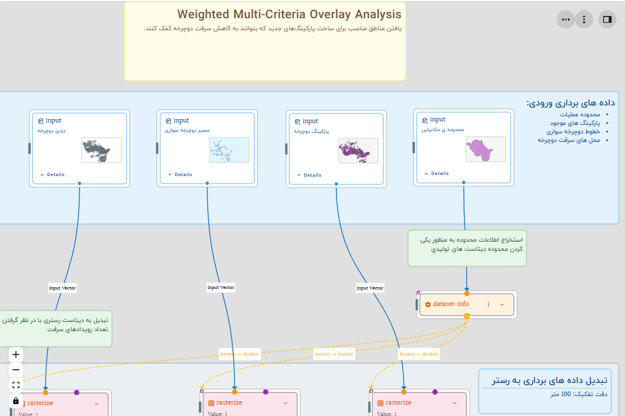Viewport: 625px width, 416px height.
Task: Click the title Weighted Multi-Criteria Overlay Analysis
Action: pyautogui.click(x=289, y=14)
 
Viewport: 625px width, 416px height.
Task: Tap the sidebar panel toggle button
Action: pyautogui.click(x=607, y=19)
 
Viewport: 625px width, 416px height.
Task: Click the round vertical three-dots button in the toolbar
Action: pyautogui.click(x=584, y=19)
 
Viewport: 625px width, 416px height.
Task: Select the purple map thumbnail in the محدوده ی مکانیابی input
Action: pyautogui.click(x=485, y=149)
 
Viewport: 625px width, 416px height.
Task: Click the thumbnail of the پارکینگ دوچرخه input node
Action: pyautogui.click(x=358, y=150)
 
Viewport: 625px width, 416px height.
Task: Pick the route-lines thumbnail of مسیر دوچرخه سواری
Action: pyautogui.click(x=229, y=150)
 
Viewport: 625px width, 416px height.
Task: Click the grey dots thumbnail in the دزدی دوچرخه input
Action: pyautogui.click(x=101, y=150)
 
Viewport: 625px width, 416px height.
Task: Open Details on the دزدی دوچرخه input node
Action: pyautogui.click(x=52, y=175)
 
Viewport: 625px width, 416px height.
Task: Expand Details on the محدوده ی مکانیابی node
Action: pyautogui.click(x=437, y=173)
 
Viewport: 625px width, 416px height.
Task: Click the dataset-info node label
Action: pyautogui.click(x=450, y=304)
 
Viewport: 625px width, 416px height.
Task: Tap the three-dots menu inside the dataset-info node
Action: pyautogui.click(x=488, y=305)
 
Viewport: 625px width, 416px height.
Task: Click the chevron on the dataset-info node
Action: pyautogui.click(x=502, y=305)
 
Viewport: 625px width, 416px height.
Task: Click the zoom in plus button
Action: pyautogui.click(x=16, y=354)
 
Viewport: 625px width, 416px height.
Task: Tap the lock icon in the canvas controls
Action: pyautogui.click(x=16, y=401)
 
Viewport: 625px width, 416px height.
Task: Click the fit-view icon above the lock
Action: pyautogui.click(x=16, y=385)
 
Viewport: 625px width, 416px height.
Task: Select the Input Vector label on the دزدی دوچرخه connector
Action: pyautogui.click(x=62, y=288)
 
